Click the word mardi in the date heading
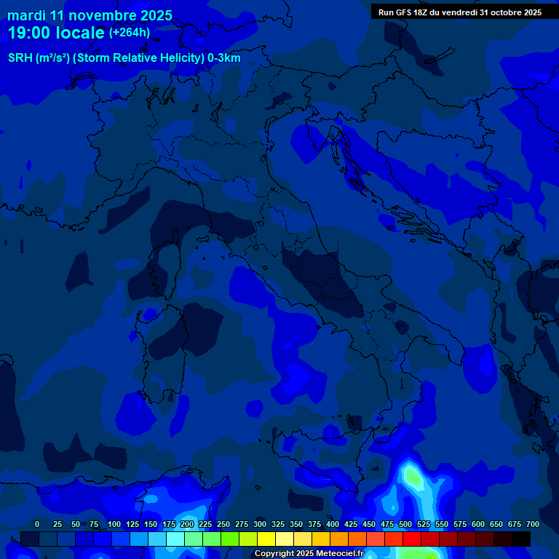coord(26,15)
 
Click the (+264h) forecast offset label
coord(130,32)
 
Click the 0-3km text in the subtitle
coord(224,58)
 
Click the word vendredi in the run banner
coord(456,12)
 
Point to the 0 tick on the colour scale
coord(37,524)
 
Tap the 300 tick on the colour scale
coord(260,524)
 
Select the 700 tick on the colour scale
coord(533,524)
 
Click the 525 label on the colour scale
coord(424,524)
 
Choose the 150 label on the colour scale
coord(151,524)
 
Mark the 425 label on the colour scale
coord(351,524)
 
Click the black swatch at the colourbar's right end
coord(521,539)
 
